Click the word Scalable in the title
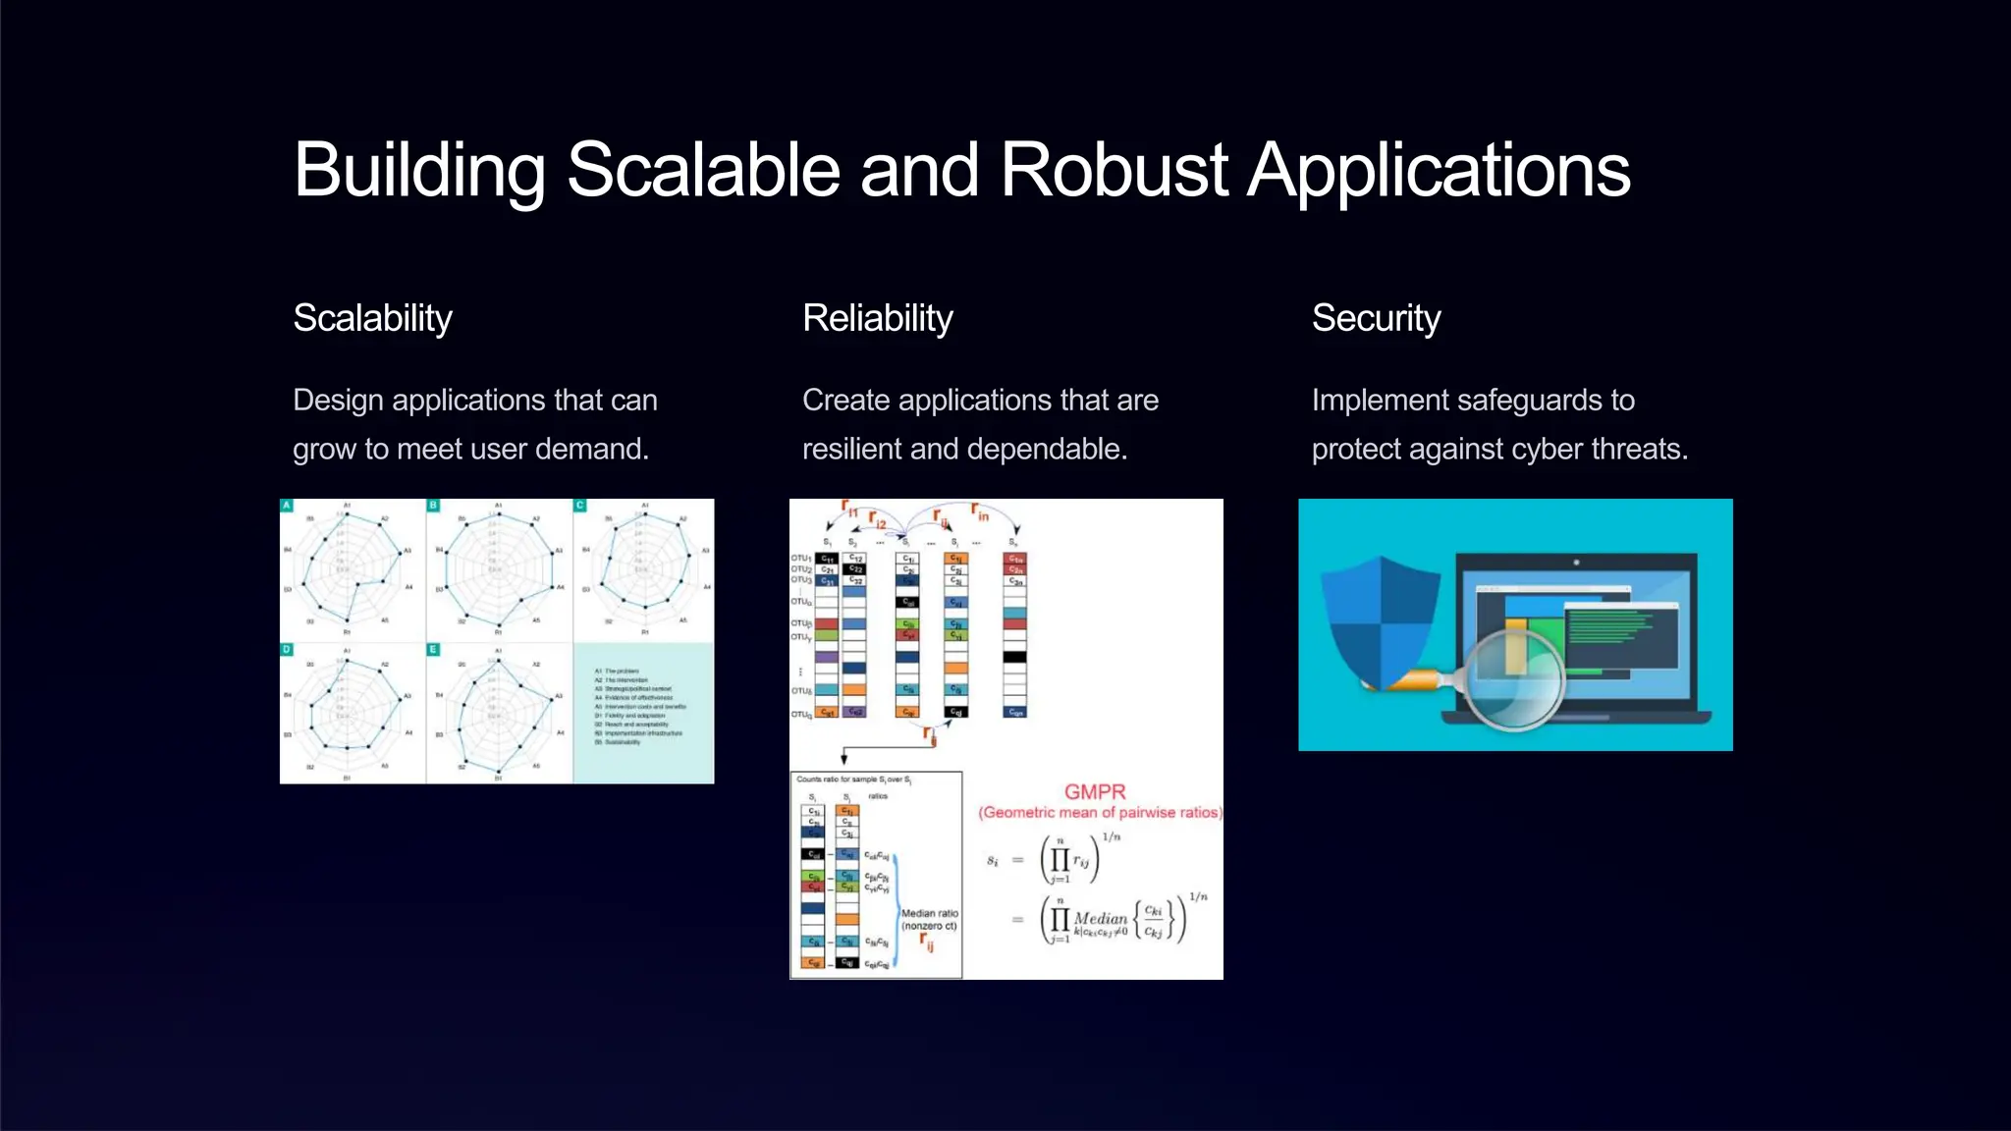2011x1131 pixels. click(x=703, y=170)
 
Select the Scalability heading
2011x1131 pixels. click(x=372, y=318)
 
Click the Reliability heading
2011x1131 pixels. click(x=877, y=318)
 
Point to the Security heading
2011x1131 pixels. click(x=1376, y=318)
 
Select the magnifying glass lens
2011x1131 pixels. click(x=1514, y=676)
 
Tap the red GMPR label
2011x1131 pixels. click(x=1095, y=792)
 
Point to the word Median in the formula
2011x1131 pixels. click(x=1101, y=919)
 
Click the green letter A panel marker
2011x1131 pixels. click(x=287, y=506)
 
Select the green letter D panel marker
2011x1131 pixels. click(x=287, y=650)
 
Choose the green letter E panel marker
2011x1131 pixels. click(x=433, y=650)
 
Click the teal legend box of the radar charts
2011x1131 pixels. click(x=643, y=713)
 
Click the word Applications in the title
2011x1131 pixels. click(x=1439, y=170)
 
